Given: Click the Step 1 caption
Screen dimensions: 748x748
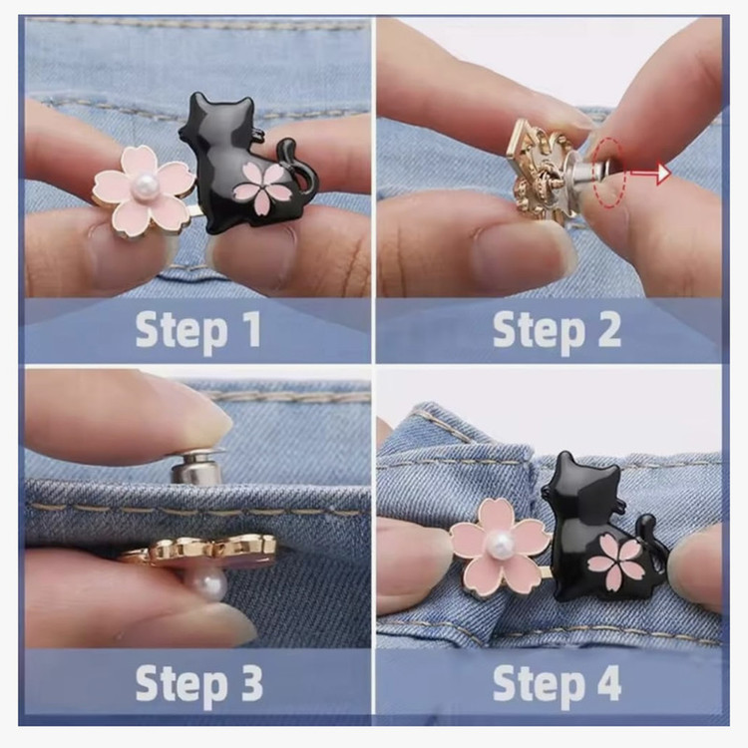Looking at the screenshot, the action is point(198,330).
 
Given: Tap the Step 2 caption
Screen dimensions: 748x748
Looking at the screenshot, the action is point(557,330).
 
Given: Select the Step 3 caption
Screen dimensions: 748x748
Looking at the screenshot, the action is point(198,683).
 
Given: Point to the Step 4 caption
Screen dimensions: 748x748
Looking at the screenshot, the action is point(557,683).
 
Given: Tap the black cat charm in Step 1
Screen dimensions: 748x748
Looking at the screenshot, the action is point(243,165).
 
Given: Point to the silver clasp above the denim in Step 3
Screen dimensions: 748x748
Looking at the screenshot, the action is point(196,466).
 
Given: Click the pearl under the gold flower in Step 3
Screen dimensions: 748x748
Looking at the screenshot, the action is point(209,583).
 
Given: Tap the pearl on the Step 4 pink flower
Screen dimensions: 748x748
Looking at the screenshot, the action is point(499,541).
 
